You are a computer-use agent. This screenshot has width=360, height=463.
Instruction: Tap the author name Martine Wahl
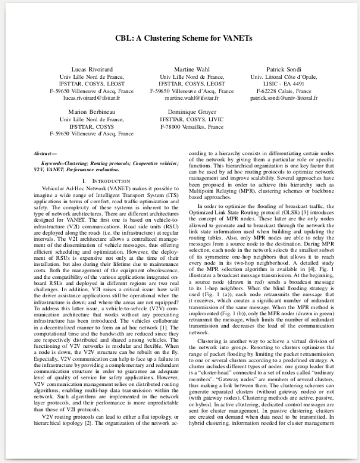click(192, 69)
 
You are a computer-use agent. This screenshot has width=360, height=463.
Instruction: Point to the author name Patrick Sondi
click(284, 69)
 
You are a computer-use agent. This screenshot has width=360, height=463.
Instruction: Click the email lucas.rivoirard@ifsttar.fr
click(92, 97)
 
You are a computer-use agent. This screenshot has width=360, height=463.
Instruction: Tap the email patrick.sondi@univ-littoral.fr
click(284, 97)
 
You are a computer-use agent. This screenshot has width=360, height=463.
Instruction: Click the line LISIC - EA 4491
click(284, 83)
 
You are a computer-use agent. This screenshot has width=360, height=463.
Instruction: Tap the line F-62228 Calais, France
click(284, 91)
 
